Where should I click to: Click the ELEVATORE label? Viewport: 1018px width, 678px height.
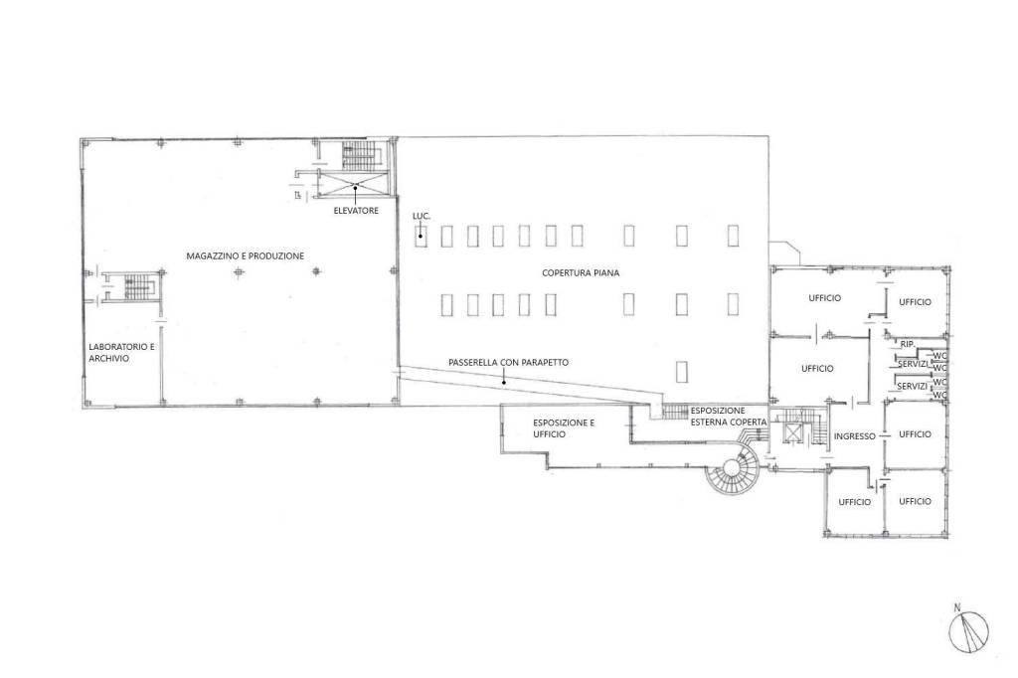point(356,211)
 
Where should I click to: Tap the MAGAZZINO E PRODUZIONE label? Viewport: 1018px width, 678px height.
point(245,255)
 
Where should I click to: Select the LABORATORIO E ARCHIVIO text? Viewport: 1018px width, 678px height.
point(121,353)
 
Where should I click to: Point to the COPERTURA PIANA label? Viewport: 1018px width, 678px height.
point(581,272)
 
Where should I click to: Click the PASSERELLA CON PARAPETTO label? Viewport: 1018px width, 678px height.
point(508,363)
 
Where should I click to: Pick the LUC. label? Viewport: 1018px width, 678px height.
point(422,216)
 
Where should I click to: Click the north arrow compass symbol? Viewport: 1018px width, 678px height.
point(968,632)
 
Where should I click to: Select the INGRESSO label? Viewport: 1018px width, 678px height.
point(854,436)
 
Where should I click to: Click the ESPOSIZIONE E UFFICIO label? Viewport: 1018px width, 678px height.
point(564,428)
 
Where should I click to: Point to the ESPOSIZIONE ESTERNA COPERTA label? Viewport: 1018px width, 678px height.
point(728,417)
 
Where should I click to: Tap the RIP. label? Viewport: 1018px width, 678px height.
point(907,344)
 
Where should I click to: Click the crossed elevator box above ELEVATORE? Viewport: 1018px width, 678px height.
point(355,183)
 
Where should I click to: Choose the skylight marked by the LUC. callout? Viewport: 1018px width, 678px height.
point(422,236)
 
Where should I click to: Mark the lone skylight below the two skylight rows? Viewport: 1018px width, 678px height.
point(681,372)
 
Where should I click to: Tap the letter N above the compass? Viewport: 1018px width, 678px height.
point(957,607)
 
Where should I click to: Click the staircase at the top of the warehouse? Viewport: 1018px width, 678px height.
point(355,156)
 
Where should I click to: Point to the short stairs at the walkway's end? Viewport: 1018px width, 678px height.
point(675,411)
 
